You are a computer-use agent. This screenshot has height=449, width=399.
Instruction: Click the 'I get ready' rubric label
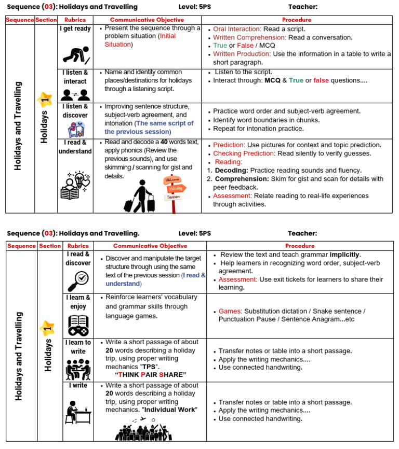[75, 29]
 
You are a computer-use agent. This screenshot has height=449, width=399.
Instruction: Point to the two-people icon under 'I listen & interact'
[75, 94]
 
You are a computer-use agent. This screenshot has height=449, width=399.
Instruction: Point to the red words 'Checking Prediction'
[244, 153]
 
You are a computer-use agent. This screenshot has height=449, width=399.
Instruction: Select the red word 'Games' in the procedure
[229, 311]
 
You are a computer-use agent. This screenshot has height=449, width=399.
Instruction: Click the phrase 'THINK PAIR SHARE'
[150, 374]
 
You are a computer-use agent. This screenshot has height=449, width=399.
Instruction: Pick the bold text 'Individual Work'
[169, 410]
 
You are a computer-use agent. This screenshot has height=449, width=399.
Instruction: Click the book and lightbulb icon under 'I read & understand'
[76, 185]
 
